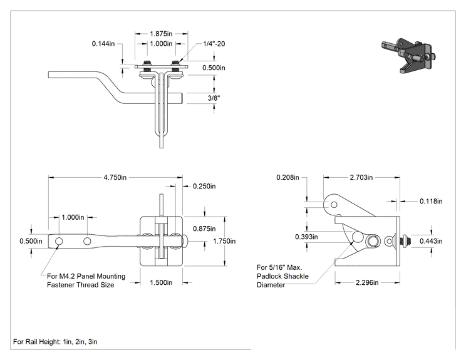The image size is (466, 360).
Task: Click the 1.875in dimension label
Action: [161, 34]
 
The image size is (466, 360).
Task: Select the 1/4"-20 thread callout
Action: [214, 44]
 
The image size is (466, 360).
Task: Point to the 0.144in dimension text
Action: [103, 44]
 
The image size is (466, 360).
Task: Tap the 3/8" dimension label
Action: [214, 98]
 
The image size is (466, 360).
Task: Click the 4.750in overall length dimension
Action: [115, 178]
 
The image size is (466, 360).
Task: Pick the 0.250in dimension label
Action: [204, 186]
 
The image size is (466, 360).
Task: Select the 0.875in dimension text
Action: [204, 229]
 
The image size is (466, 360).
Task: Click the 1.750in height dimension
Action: [224, 241]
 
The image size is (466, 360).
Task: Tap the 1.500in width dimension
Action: [161, 282]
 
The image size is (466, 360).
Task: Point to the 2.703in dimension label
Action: [361, 178]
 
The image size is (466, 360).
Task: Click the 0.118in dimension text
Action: [431, 202]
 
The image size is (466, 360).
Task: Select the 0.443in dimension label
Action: [431, 241]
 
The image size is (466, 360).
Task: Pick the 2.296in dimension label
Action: [367, 282]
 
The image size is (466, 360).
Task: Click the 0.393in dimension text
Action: [306, 237]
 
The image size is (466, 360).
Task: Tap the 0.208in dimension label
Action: [287, 178]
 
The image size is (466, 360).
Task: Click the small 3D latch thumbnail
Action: [408, 55]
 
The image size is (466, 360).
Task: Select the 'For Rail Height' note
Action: [55, 342]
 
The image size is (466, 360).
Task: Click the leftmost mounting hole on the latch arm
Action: [59, 241]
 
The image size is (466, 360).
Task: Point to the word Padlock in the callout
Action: [269, 276]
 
